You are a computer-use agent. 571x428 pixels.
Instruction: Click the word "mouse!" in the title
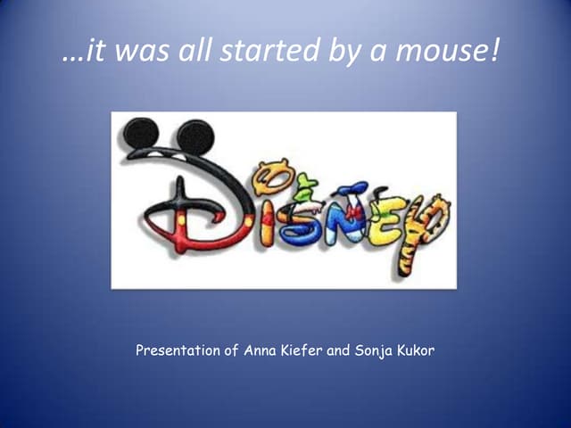[450, 53]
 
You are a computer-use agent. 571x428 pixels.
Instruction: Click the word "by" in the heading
[349, 53]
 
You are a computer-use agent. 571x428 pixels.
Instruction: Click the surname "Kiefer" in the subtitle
[301, 351]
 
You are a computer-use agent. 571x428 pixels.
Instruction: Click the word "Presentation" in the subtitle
[177, 351]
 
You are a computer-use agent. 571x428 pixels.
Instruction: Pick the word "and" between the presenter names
[339, 351]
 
